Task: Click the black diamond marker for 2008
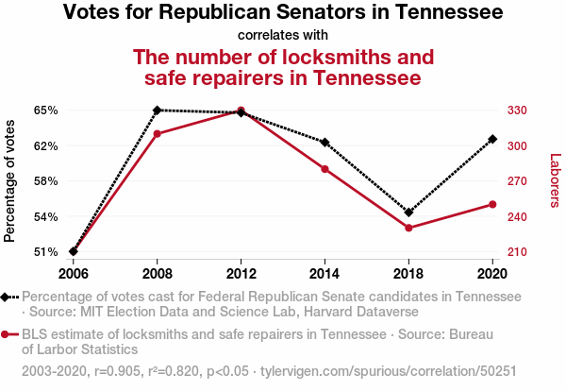click(158, 110)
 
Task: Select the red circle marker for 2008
click(158, 133)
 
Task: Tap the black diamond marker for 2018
click(408, 212)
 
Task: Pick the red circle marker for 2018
click(408, 228)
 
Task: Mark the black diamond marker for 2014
click(325, 143)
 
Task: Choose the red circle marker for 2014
click(325, 169)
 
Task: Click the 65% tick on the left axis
click(45, 110)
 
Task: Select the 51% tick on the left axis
click(45, 252)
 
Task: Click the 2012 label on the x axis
click(241, 273)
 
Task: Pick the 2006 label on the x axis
click(74, 273)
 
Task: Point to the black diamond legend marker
click(8, 297)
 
